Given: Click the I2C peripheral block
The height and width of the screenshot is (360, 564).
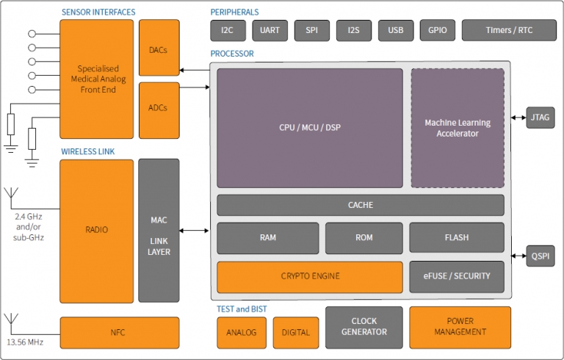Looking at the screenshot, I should [x=228, y=31].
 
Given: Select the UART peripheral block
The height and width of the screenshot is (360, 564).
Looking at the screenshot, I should [x=270, y=31].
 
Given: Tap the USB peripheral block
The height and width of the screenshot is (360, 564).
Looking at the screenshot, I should [x=396, y=31].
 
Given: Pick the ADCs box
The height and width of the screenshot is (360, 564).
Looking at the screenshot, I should [x=159, y=109].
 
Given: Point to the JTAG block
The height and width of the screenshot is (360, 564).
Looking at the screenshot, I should [x=540, y=117].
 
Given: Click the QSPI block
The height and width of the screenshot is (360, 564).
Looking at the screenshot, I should [x=540, y=256].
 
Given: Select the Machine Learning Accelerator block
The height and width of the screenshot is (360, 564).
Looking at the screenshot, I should [x=457, y=128].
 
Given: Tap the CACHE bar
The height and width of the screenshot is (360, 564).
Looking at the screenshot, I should [x=360, y=205].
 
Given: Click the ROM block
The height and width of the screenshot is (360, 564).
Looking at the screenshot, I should [x=364, y=238].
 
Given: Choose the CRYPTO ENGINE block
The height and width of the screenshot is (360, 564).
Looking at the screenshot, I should [x=309, y=277].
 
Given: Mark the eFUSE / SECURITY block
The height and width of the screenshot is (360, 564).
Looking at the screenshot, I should [x=457, y=277].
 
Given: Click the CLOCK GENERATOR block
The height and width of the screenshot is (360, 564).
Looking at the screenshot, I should [x=364, y=327].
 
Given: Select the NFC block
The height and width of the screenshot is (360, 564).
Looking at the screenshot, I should [x=119, y=333].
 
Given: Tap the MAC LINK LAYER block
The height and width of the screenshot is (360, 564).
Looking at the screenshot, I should [x=159, y=231].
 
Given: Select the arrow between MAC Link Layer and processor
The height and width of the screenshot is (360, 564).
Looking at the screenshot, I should [x=195, y=231].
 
